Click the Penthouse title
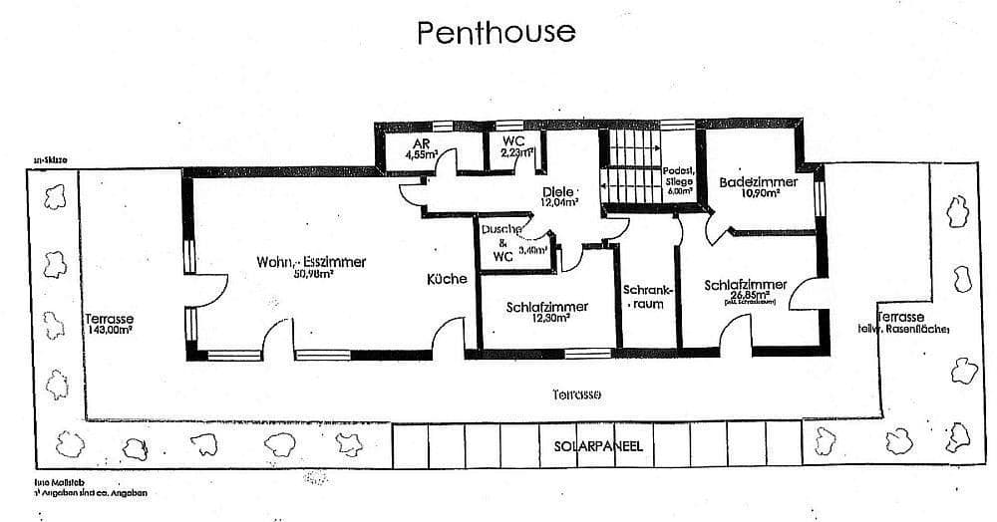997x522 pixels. [x=497, y=32]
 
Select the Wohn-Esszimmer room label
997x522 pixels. [x=311, y=262]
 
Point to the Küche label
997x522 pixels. [x=447, y=280]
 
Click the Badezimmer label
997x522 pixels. [x=758, y=183]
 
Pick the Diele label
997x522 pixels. [x=559, y=192]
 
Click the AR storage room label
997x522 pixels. [x=421, y=143]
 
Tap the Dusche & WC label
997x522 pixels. [x=497, y=242]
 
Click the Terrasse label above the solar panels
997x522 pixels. [x=576, y=393]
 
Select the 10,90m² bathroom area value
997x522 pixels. [x=758, y=195]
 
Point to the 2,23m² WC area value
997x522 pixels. [x=516, y=153]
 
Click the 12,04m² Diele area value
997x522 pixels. [x=559, y=203]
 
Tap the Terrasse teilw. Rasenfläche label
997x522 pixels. [x=902, y=321]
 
